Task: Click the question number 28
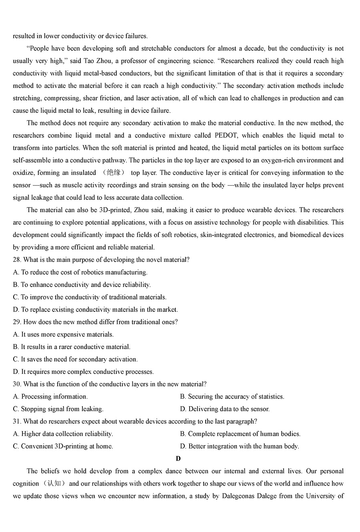pyautogui.click(x=17, y=260)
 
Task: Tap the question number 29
pyautogui.click(x=17, y=322)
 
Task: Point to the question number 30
pyautogui.click(x=17, y=384)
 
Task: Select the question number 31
pyautogui.click(x=17, y=421)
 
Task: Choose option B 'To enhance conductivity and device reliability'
pyautogui.click(x=82, y=285)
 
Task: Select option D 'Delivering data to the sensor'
pyautogui.click(x=225, y=409)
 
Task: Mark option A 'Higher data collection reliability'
pyautogui.click(x=63, y=434)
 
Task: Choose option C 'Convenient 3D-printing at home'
pyautogui.click(x=63, y=446)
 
